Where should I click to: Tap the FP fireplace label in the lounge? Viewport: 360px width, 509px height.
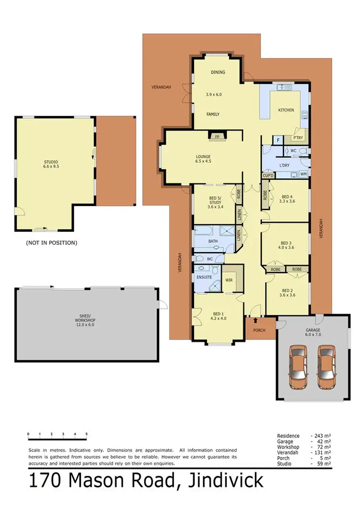pyautogui.click(x=217, y=136)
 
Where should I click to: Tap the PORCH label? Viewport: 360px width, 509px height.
pyautogui.click(x=259, y=330)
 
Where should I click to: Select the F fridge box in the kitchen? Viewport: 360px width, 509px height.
pyautogui.click(x=277, y=140)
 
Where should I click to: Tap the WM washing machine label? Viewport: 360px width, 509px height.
pyautogui.click(x=303, y=174)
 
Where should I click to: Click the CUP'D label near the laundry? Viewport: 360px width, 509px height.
pyautogui.click(x=268, y=176)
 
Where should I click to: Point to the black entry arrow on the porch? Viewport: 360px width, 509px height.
pyautogui.click(x=255, y=320)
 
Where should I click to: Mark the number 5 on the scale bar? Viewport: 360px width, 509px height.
pyautogui.click(x=86, y=434)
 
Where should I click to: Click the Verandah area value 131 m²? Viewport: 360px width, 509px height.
pyautogui.click(x=321, y=452)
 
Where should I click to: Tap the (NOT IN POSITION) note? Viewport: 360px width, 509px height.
pyautogui.click(x=51, y=243)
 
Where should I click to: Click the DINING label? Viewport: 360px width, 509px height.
pyautogui.click(x=218, y=73)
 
